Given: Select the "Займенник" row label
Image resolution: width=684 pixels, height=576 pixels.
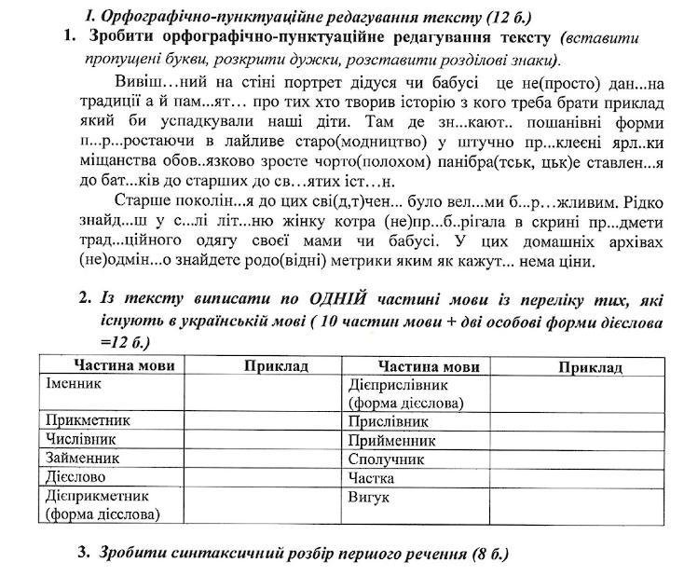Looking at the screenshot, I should [x=83, y=459].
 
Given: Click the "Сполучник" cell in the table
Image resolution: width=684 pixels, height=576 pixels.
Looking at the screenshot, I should [x=386, y=459].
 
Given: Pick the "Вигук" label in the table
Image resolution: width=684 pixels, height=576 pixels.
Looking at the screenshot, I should [x=367, y=498].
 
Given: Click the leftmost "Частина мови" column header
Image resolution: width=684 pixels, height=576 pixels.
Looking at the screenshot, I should [x=110, y=366].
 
